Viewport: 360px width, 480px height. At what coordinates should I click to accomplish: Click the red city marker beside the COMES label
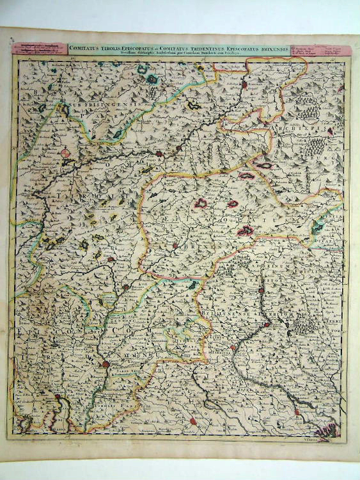(x=106, y=364)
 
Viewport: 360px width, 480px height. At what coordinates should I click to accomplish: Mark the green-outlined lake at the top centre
(x=152, y=79)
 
